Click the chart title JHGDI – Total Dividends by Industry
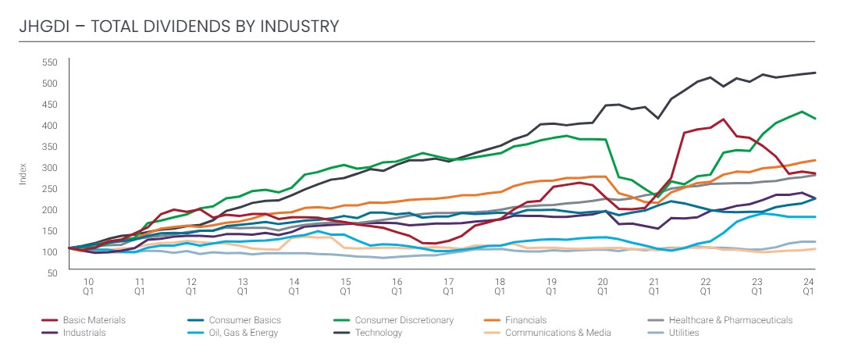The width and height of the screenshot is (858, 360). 180,27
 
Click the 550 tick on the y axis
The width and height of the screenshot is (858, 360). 51,62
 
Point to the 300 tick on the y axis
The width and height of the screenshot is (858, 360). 51,168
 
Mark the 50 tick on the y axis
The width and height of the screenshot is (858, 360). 52,273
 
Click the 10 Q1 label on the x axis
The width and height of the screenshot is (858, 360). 89,285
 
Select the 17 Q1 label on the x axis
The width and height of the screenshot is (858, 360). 448,285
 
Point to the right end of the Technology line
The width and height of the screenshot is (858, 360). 816,73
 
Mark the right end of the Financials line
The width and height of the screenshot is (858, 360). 816,160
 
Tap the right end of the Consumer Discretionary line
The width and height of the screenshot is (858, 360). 816,119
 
